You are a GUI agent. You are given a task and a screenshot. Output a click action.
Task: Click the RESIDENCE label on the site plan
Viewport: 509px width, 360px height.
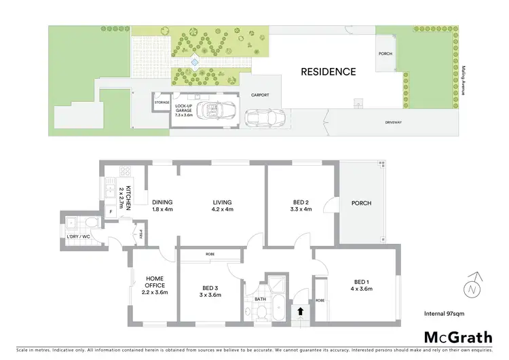(328, 71)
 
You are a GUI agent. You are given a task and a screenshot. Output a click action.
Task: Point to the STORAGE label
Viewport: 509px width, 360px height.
(162, 103)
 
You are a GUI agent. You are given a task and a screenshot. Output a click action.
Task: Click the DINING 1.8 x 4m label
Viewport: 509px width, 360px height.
(162, 205)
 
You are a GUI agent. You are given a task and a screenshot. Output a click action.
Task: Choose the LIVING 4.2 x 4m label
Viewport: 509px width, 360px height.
(222, 205)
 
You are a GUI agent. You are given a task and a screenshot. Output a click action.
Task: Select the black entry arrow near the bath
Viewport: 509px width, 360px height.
(301, 312)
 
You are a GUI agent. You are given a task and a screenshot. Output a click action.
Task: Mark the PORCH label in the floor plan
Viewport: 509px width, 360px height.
(361, 203)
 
